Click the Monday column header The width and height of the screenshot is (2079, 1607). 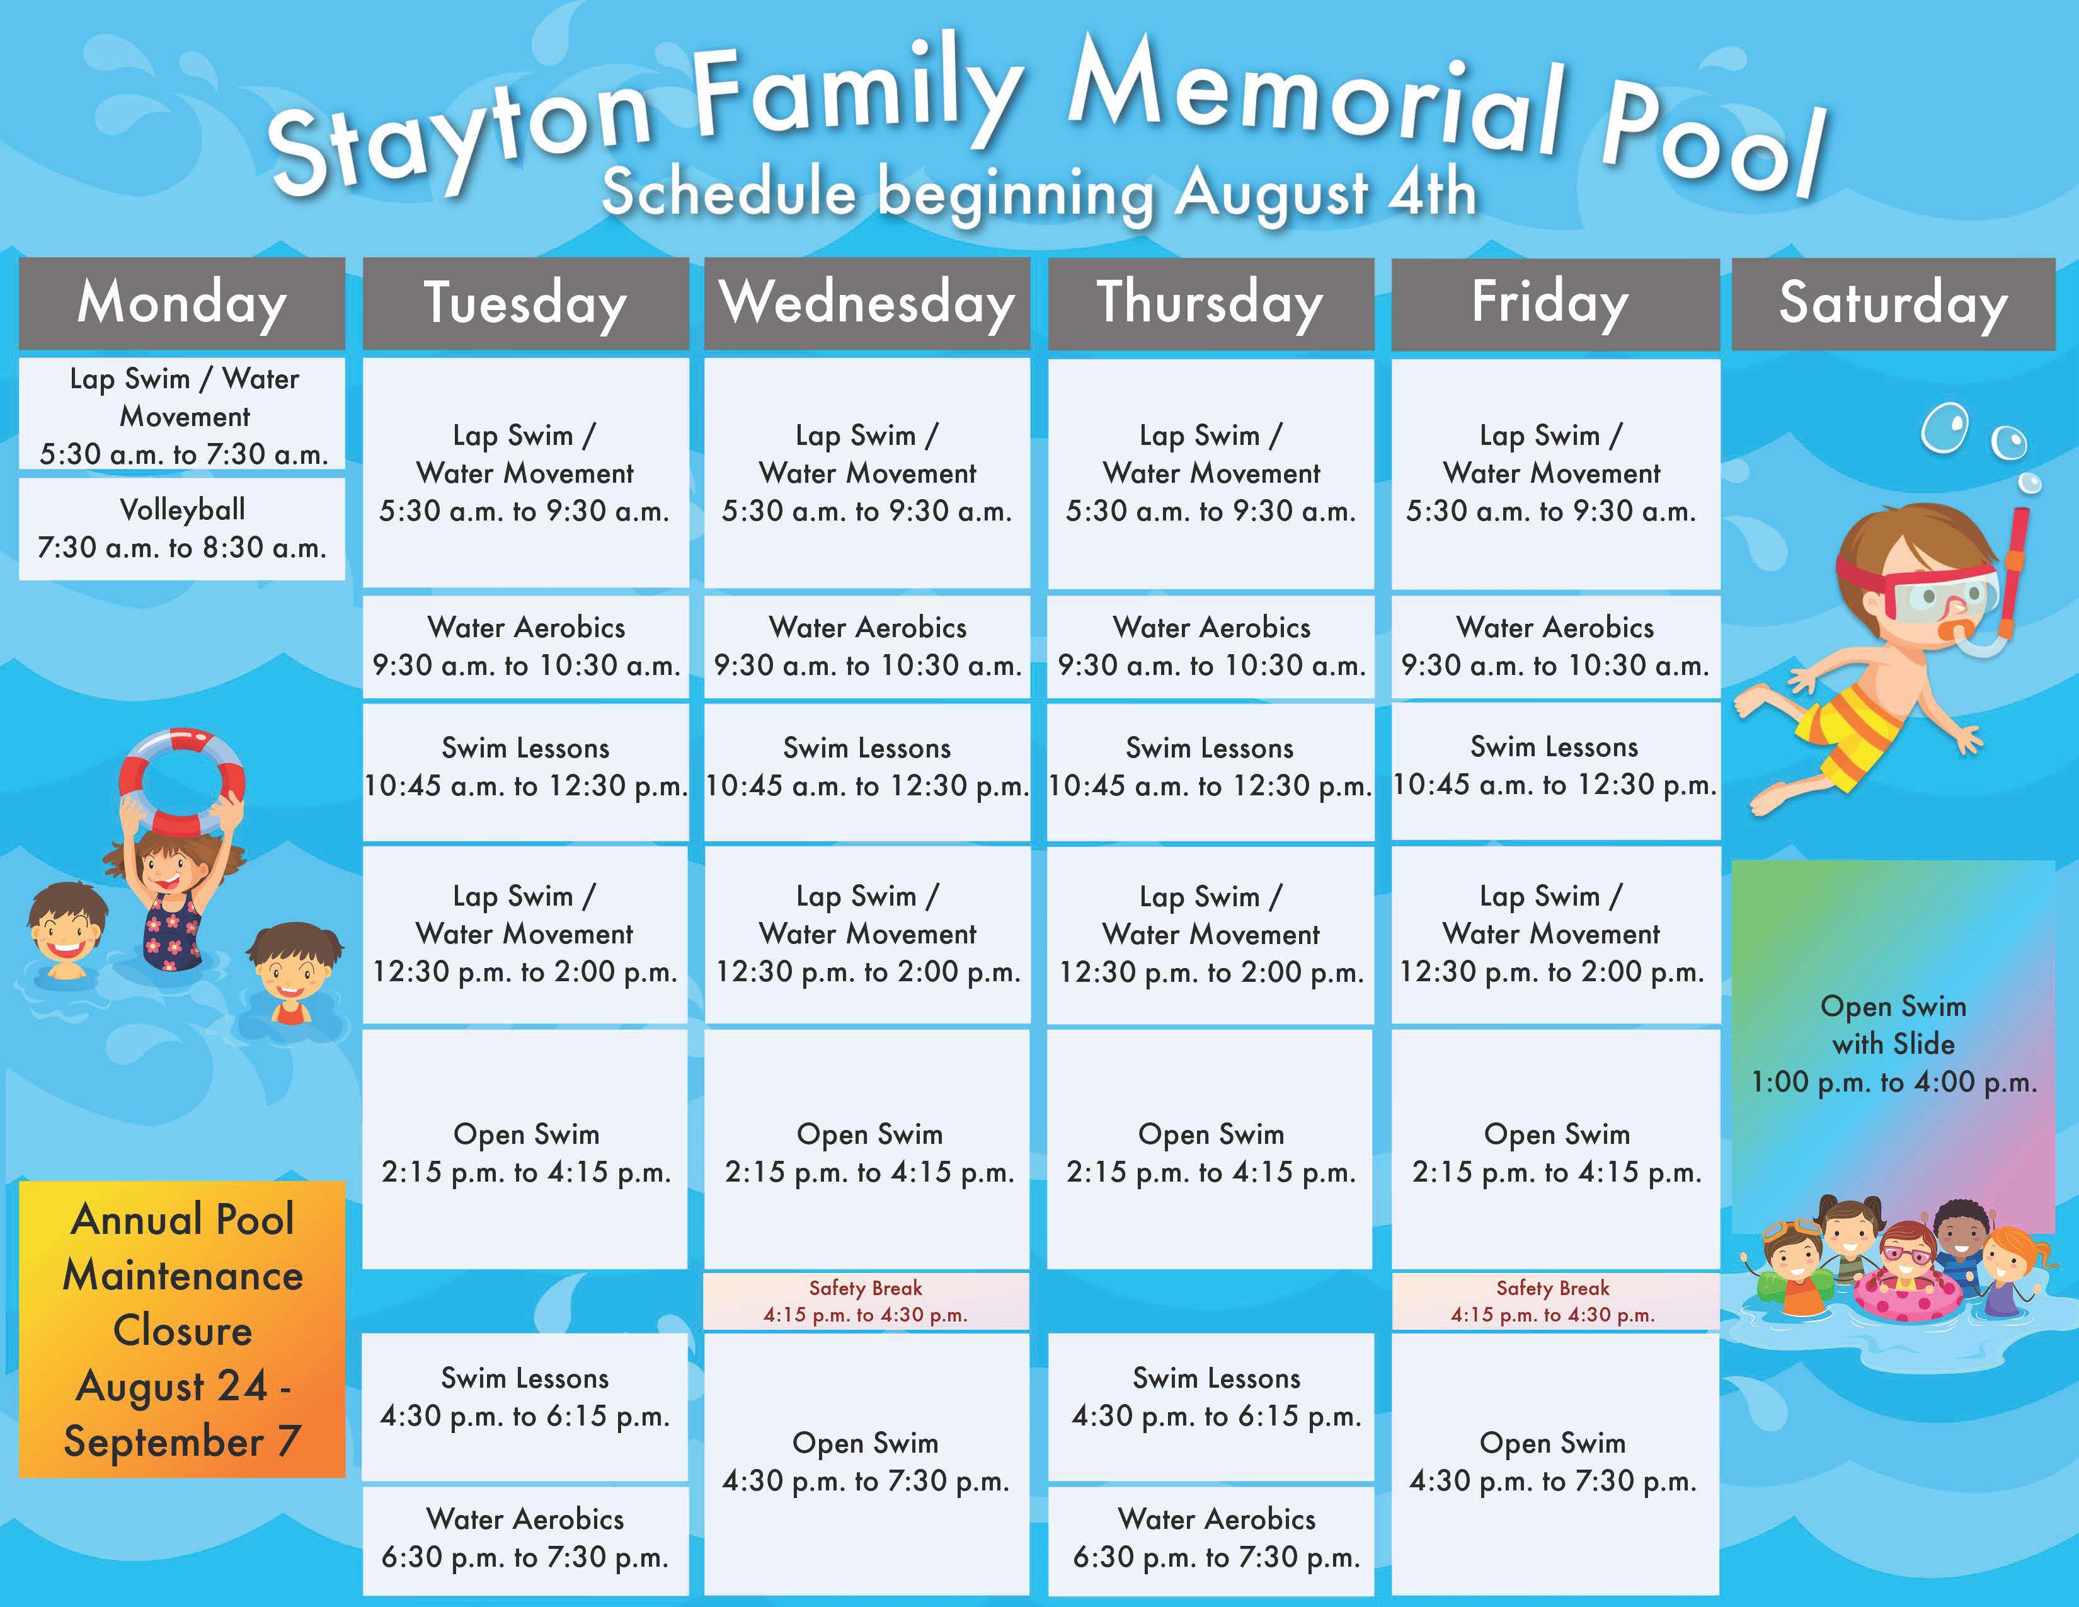click(182, 302)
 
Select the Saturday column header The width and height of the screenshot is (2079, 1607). click(1893, 302)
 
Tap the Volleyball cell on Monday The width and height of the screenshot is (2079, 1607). click(182, 528)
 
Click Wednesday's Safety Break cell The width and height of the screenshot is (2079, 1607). click(866, 1301)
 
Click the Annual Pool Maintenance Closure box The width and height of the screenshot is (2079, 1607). click(182, 1329)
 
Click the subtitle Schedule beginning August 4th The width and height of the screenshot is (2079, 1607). click(1039, 193)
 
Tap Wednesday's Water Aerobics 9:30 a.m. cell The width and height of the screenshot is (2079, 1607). click(866, 647)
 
